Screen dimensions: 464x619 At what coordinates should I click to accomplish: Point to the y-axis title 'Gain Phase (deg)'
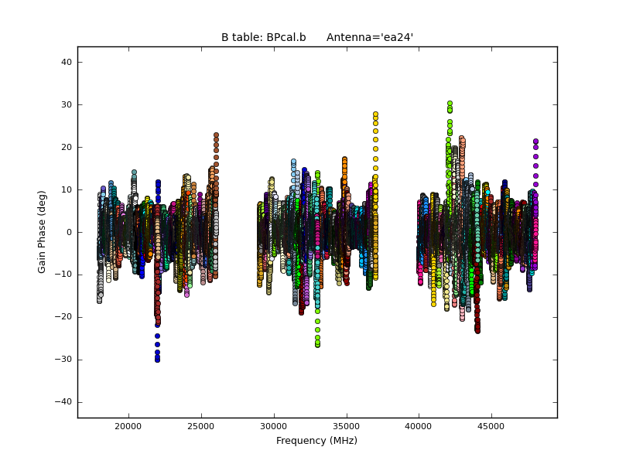point(43,232)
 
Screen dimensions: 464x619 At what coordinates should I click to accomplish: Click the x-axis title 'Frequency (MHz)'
point(316,441)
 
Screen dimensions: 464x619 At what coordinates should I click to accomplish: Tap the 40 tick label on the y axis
point(66,62)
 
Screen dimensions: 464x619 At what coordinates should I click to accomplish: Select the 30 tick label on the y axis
point(66,104)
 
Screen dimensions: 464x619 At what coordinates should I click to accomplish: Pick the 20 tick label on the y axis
point(66,147)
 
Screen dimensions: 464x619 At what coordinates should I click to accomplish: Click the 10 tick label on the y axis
point(66,189)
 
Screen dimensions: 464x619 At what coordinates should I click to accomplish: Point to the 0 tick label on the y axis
point(68,232)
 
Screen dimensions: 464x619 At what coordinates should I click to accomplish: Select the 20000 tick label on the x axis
point(128,425)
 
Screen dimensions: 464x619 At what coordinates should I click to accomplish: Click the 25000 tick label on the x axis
point(201,425)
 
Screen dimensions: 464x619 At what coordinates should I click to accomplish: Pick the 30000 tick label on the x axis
point(274,425)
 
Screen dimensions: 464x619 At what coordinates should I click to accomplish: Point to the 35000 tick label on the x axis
point(346,425)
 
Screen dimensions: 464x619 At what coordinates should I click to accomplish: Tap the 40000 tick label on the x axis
point(419,425)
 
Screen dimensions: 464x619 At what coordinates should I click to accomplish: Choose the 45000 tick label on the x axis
point(491,425)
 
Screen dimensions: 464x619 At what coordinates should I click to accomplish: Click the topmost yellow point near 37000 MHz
point(375,114)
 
